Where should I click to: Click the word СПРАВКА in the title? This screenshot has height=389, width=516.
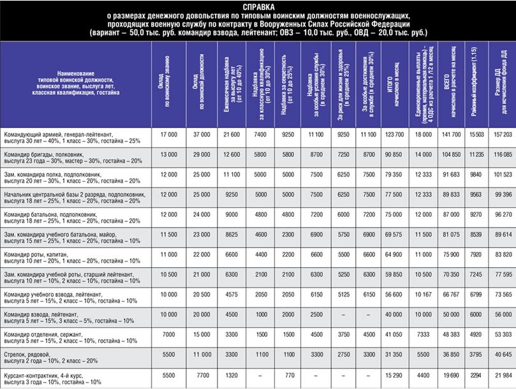coord(258,6)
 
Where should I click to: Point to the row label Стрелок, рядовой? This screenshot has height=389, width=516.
coord(30,353)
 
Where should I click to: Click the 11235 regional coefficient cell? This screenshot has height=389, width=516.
coord(469,156)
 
